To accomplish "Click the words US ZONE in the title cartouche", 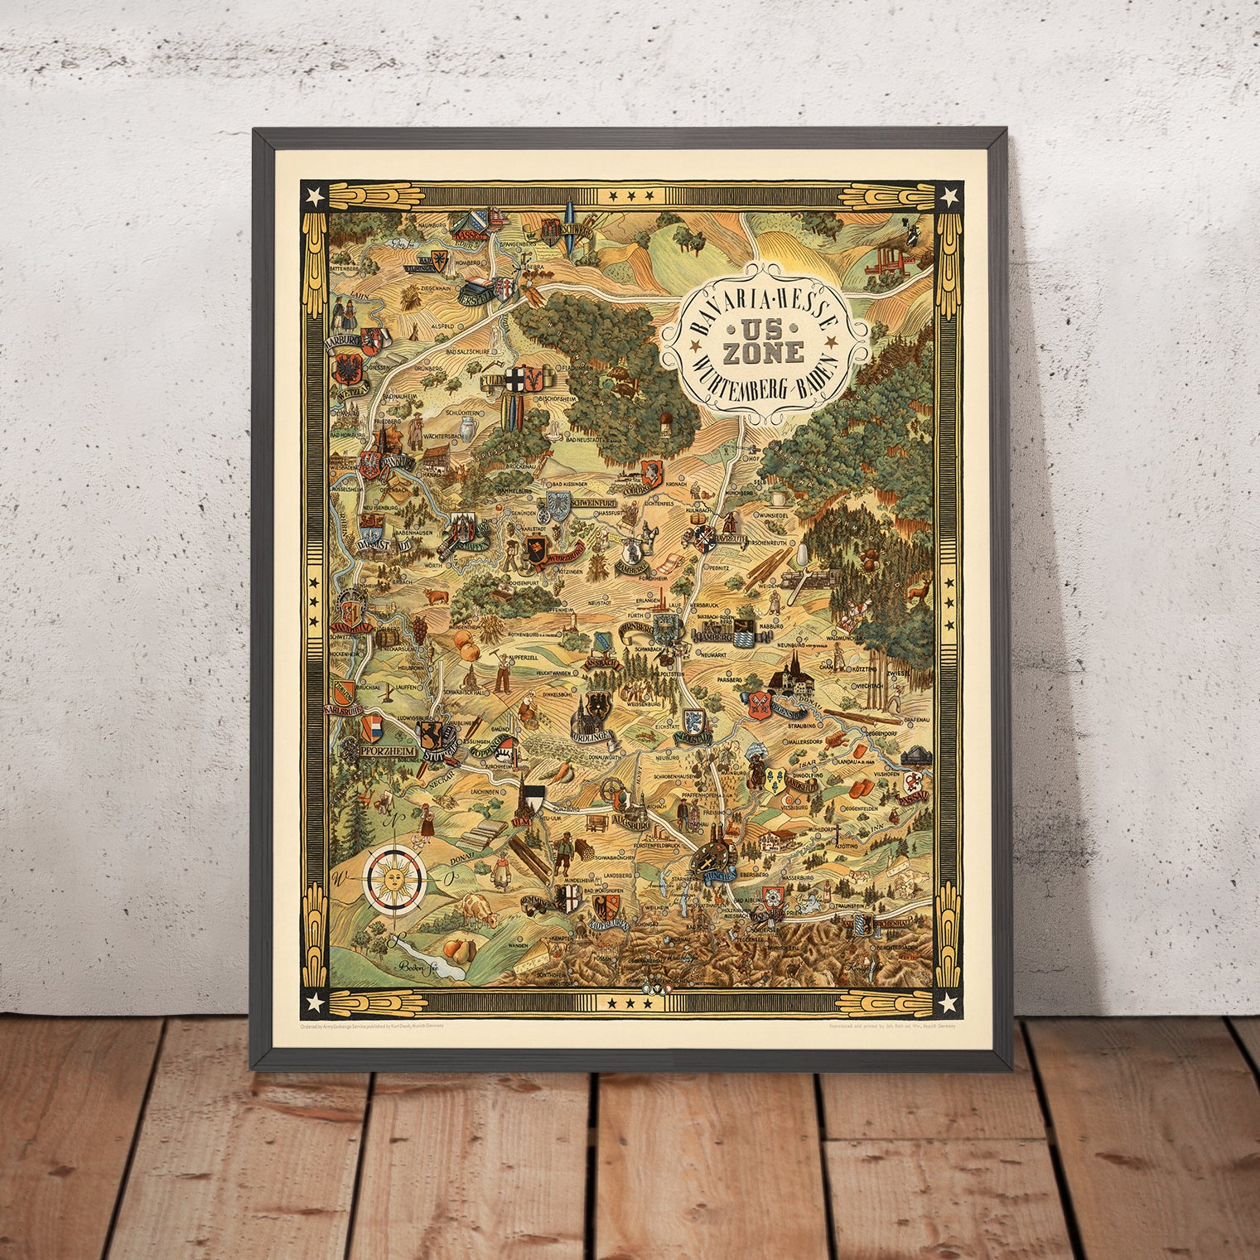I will click(x=765, y=341).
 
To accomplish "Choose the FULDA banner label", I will click(x=495, y=382).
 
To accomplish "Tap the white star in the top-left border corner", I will click(x=313, y=196).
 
